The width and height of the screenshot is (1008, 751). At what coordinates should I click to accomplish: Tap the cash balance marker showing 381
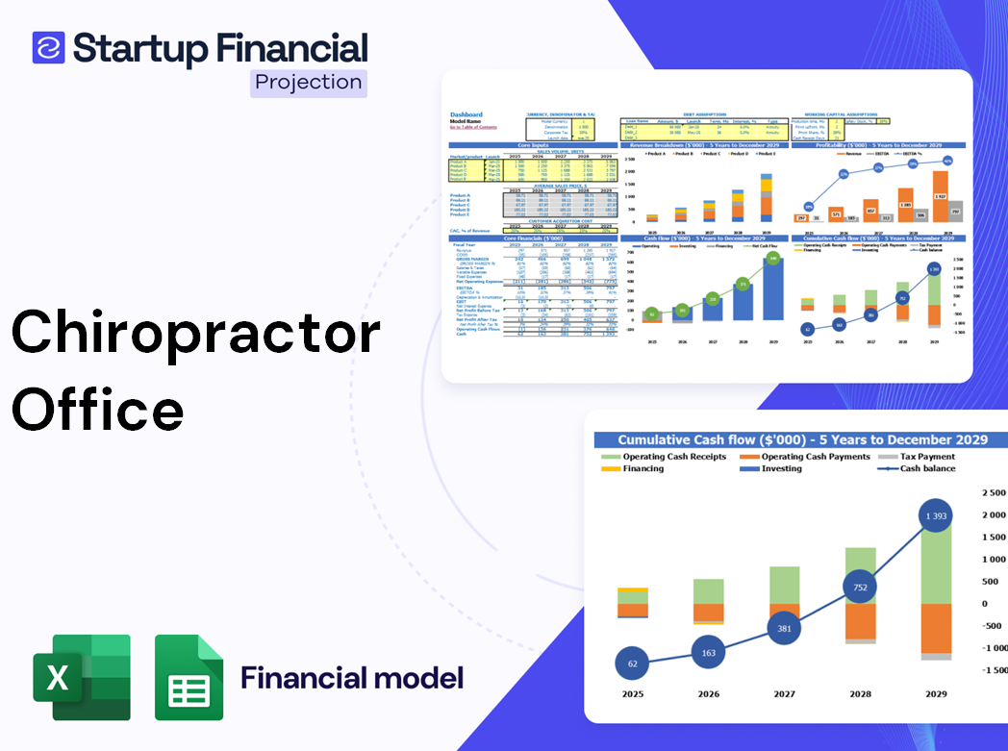coord(785,629)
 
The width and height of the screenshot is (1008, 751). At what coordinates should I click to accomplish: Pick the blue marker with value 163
coord(709,653)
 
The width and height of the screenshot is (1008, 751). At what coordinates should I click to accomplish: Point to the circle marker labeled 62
coord(632,663)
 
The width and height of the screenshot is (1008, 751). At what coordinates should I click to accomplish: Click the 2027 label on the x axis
coord(784,693)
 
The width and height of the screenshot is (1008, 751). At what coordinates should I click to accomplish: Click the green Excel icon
coord(82,677)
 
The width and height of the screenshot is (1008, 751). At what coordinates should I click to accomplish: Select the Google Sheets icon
coord(189,677)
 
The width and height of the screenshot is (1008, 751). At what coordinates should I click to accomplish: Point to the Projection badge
coord(309,83)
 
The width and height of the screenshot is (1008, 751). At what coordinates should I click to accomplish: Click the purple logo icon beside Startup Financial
coord(48,47)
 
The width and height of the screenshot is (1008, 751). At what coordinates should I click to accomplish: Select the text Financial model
coord(352,678)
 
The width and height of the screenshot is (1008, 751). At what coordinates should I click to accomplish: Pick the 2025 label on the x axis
coord(632,693)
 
